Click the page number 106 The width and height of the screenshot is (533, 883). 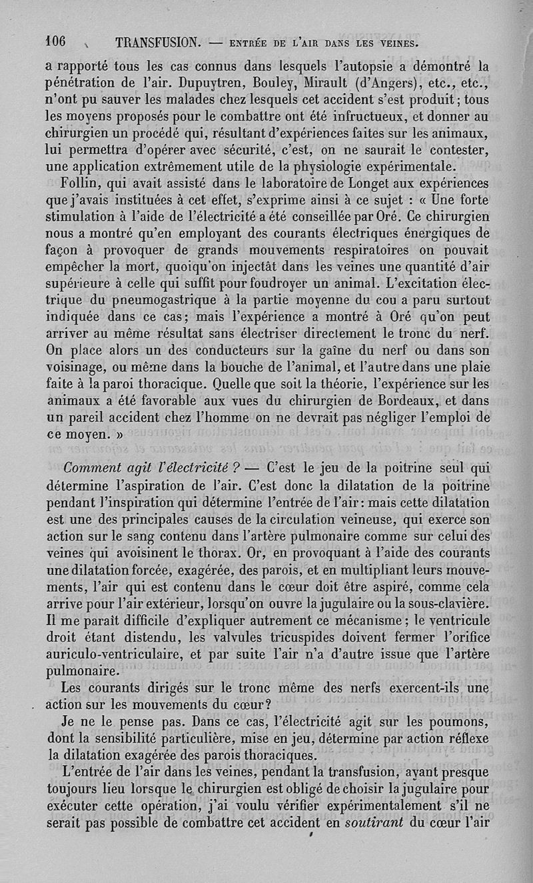click(x=56, y=41)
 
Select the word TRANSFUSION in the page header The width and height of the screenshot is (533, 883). click(x=156, y=43)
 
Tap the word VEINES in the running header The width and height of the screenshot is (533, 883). click(x=396, y=45)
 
